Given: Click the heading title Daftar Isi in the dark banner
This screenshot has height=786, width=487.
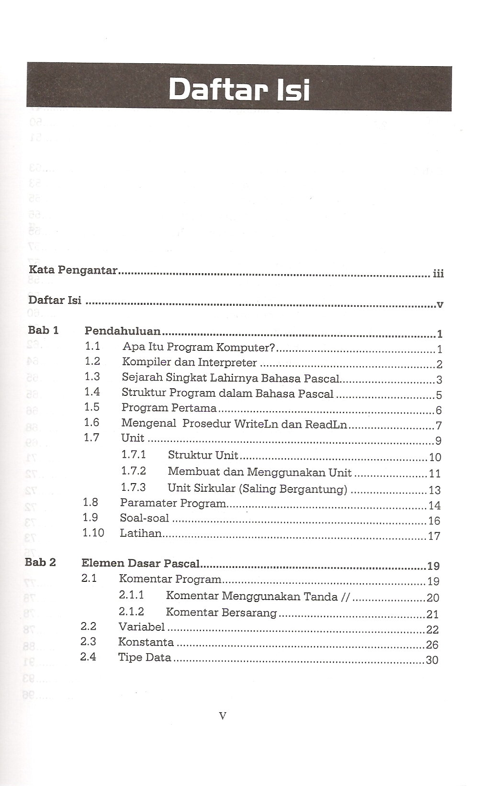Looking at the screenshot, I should (x=239, y=90).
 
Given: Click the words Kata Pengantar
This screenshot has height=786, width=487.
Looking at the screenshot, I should (x=73, y=270).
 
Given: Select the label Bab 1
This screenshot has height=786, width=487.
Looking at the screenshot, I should (x=43, y=330).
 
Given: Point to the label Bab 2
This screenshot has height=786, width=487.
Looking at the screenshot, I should (x=40, y=562).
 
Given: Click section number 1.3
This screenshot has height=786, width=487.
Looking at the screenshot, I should (x=92, y=377).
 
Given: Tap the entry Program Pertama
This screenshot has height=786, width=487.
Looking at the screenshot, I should (x=169, y=408).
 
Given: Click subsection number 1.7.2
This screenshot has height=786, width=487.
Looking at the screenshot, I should (x=134, y=471).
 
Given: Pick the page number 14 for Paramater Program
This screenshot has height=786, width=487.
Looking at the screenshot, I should (x=434, y=506).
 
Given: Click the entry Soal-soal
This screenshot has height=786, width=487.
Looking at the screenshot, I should (x=144, y=518).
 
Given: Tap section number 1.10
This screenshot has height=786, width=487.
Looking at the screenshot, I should (x=93, y=532).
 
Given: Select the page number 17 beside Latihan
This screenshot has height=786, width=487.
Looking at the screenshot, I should (x=434, y=536).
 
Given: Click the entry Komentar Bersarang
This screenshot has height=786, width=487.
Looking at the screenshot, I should (x=221, y=613).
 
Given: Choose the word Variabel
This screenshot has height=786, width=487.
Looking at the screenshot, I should (x=141, y=627).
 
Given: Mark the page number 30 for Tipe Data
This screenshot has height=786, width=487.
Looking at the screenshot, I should (x=432, y=660).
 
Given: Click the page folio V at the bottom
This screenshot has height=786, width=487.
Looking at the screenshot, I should (x=222, y=717).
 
